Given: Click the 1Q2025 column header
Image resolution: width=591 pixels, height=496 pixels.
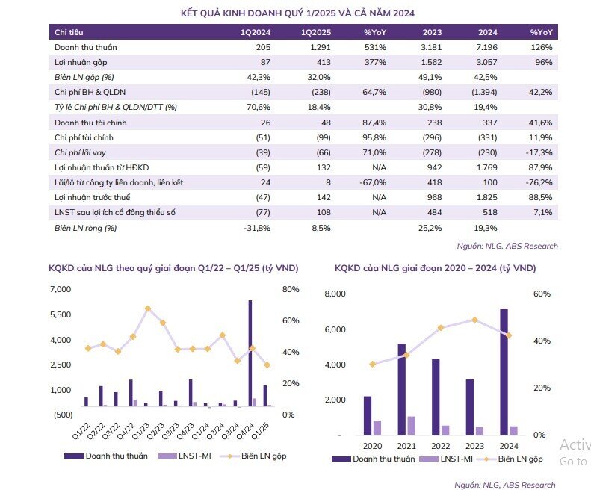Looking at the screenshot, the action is tap(316, 32).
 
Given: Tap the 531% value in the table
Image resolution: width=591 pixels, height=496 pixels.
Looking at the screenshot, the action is tap(375, 48).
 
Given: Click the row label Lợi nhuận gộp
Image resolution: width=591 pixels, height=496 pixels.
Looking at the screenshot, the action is tap(81, 63).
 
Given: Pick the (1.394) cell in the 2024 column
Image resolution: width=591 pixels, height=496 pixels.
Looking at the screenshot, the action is tap(484, 93).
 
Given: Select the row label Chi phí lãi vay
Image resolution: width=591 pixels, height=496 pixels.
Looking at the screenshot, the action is tap(80, 152).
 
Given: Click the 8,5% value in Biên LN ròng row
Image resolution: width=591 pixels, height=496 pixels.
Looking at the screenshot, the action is tap(321, 228).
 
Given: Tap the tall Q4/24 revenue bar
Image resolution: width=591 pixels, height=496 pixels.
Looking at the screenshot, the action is tap(250, 353).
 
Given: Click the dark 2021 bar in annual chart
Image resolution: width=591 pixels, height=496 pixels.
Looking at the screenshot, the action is tap(402, 389).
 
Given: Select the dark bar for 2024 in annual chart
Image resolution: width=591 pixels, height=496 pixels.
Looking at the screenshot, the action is tap(504, 372).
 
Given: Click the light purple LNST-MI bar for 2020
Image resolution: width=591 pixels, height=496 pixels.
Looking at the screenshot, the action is tap(377, 428).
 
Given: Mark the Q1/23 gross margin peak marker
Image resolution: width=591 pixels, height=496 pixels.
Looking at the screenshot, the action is tap(148, 309).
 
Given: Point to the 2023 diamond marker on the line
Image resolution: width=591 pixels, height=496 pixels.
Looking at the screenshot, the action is tap(475, 320).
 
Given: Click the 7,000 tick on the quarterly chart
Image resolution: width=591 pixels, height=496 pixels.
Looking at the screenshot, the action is tap(61, 289).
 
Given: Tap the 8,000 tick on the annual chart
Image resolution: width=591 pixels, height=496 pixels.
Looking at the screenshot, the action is tap(335, 294).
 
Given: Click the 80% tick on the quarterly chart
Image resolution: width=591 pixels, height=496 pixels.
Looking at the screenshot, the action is tap(291, 289).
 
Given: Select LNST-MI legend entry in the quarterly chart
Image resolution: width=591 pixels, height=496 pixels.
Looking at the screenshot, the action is tap(185, 456).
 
